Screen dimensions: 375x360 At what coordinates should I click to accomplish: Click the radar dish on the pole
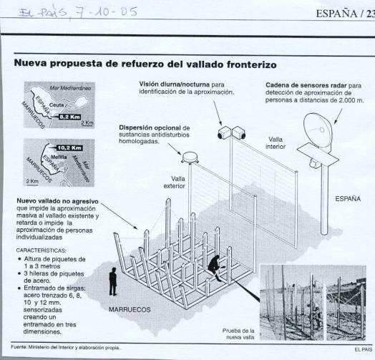(x=318, y=131)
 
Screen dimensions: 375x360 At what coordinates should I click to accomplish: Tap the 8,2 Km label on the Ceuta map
(x=69, y=117)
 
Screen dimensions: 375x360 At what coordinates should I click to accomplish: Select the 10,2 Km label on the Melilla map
(x=69, y=148)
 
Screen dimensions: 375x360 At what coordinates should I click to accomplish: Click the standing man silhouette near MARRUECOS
(x=113, y=282)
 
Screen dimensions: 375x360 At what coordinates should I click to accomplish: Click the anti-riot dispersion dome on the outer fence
(x=190, y=157)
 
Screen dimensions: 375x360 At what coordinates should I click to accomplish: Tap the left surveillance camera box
(x=224, y=132)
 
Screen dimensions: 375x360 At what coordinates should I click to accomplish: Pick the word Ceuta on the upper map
(x=57, y=105)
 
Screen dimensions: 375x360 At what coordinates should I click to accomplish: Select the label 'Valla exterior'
(x=175, y=183)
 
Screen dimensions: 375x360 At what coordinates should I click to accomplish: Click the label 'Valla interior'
(x=276, y=143)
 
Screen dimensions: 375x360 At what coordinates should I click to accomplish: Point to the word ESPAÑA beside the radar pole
(x=348, y=199)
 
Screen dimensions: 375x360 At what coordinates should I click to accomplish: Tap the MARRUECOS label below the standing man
(x=130, y=310)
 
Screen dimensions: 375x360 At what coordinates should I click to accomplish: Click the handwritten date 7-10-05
(x=107, y=12)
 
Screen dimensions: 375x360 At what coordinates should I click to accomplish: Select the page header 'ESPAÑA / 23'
(x=345, y=14)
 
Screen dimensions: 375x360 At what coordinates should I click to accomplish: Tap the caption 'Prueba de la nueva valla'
(x=238, y=334)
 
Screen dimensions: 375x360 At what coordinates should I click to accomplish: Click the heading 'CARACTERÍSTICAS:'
(x=41, y=250)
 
